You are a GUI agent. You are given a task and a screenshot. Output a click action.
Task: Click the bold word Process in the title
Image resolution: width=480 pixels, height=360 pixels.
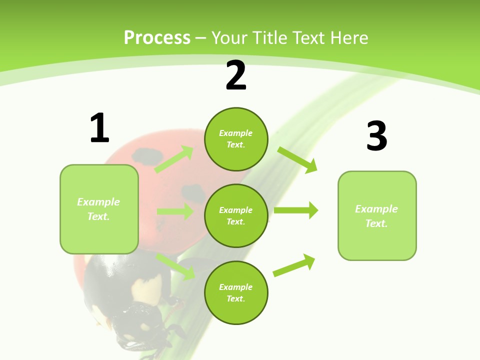157,38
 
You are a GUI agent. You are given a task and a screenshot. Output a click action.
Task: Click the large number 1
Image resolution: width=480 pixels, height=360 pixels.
99,128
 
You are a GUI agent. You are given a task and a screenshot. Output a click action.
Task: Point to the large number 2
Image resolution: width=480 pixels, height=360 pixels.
236,75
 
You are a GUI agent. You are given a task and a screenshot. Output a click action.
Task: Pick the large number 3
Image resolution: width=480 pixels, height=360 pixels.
376,136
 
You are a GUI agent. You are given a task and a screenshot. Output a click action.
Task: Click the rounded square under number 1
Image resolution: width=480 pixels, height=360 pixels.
99,209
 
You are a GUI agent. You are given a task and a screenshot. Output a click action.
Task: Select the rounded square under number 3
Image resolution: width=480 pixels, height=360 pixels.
377,215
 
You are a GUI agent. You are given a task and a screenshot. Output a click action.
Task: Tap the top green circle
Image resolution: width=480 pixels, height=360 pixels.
236,139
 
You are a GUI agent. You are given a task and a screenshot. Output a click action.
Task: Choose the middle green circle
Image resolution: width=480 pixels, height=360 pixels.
236,215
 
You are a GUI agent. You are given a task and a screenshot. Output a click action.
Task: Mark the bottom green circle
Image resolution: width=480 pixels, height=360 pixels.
236,292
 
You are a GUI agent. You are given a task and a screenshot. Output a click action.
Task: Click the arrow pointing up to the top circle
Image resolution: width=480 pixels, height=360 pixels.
174,159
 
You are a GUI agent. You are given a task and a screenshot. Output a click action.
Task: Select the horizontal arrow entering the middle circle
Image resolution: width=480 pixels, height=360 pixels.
175,211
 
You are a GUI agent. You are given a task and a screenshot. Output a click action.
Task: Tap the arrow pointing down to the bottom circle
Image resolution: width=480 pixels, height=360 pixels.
175,266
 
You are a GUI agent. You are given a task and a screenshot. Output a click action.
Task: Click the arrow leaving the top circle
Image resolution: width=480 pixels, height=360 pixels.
297,160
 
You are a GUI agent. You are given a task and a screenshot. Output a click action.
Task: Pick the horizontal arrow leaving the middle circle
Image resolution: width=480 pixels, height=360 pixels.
295,210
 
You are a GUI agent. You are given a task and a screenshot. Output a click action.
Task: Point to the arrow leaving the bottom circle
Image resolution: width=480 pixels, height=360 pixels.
294,265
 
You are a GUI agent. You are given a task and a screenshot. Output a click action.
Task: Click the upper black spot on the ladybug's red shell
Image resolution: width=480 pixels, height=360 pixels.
144,154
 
